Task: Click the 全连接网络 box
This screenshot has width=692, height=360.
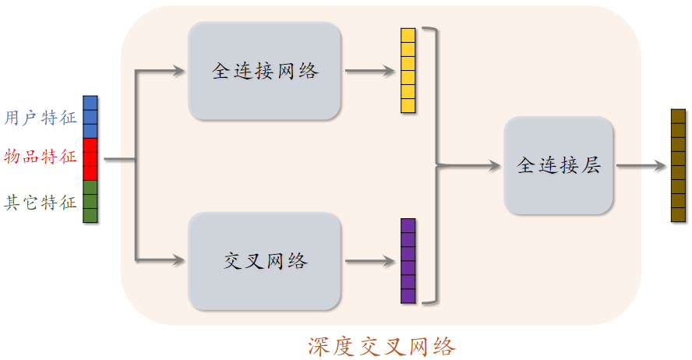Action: point(265,71)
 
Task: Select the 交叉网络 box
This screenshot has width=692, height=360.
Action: point(265,261)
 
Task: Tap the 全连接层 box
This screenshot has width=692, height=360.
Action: point(559,165)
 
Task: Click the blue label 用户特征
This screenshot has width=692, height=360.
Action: point(41,118)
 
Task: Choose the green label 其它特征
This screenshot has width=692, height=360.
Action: point(41,203)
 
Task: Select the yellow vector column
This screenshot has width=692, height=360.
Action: point(408,71)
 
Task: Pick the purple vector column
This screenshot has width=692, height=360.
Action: point(408,261)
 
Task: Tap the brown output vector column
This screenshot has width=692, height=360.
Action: point(678,165)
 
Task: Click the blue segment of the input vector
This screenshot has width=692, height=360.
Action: point(90,117)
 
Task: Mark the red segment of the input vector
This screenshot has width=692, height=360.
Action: point(90,159)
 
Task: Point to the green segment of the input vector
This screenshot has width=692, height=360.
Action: point(90,202)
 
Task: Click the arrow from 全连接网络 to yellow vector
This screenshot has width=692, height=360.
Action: point(369,71)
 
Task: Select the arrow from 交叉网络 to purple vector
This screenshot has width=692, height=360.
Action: point(369,261)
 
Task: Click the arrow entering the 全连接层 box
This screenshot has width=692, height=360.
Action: point(471,165)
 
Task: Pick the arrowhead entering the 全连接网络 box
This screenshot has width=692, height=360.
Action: point(180,72)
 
